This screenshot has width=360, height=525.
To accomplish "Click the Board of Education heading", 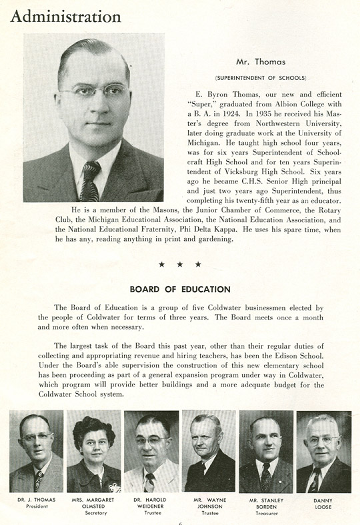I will tap(180, 290).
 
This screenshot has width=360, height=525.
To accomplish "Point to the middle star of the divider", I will tap(180, 264).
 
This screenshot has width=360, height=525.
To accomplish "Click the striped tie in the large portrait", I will tap(90, 180).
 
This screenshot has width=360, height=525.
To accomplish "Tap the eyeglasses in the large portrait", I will tap(93, 89).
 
